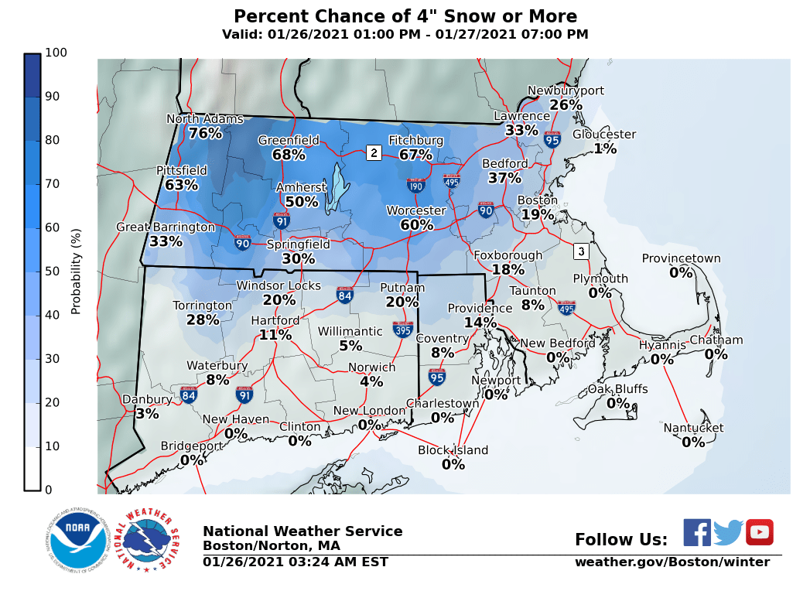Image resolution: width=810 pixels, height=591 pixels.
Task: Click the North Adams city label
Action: coord(205,119)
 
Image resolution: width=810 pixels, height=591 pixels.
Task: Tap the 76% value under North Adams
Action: coord(205,134)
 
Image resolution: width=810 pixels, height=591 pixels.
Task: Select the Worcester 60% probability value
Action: coord(417,225)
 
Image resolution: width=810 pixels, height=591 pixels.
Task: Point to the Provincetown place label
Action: coord(681,259)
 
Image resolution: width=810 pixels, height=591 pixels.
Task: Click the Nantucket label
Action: coord(693,428)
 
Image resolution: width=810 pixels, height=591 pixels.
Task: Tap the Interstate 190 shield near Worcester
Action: coord(415,185)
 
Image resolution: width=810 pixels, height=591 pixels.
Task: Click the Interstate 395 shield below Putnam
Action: coord(402,330)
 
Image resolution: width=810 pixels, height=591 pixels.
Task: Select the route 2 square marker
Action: coord(374,152)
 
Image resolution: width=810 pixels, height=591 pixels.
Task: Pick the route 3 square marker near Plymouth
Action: coord(581,251)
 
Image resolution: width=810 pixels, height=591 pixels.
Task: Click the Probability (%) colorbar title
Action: coord(76,272)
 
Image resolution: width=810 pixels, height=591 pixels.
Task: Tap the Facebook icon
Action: coord(697,532)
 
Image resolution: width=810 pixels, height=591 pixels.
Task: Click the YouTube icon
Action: coord(760,532)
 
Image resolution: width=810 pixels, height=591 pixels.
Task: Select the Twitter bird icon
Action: coord(728,532)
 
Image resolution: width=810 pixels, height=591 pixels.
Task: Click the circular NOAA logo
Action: coord(76,540)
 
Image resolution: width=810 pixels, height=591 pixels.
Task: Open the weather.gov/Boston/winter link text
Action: coord(672,562)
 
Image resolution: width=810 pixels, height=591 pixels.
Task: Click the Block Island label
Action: coord(453,450)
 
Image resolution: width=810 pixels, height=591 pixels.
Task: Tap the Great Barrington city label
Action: coord(166,227)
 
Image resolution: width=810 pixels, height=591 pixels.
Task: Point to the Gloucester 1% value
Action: coord(605,149)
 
